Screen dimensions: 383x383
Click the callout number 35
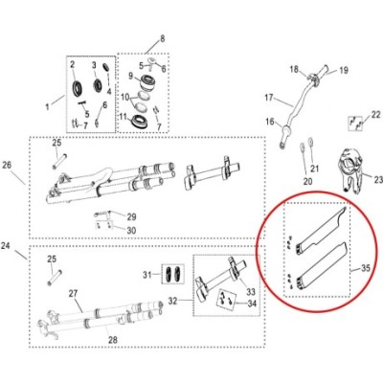click(366, 268)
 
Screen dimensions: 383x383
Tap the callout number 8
click(163, 39)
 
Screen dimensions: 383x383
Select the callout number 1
click(48, 106)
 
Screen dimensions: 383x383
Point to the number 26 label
click(7, 165)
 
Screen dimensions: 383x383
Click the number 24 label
click(6, 246)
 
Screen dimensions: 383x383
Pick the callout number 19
click(343, 70)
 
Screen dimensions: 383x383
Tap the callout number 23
click(378, 180)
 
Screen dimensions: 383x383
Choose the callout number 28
click(113, 340)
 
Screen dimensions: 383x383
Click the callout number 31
click(147, 274)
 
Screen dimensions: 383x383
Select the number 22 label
click(376, 114)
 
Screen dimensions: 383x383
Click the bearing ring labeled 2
click(78, 88)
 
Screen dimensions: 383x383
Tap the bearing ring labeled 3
click(98, 85)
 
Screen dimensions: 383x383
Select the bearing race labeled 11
click(137, 121)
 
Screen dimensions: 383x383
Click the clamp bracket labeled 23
click(350, 170)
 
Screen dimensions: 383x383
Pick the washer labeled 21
click(310, 142)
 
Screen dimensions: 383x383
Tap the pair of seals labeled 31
click(172, 274)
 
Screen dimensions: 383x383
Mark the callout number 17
click(269, 97)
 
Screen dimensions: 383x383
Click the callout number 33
click(251, 291)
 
